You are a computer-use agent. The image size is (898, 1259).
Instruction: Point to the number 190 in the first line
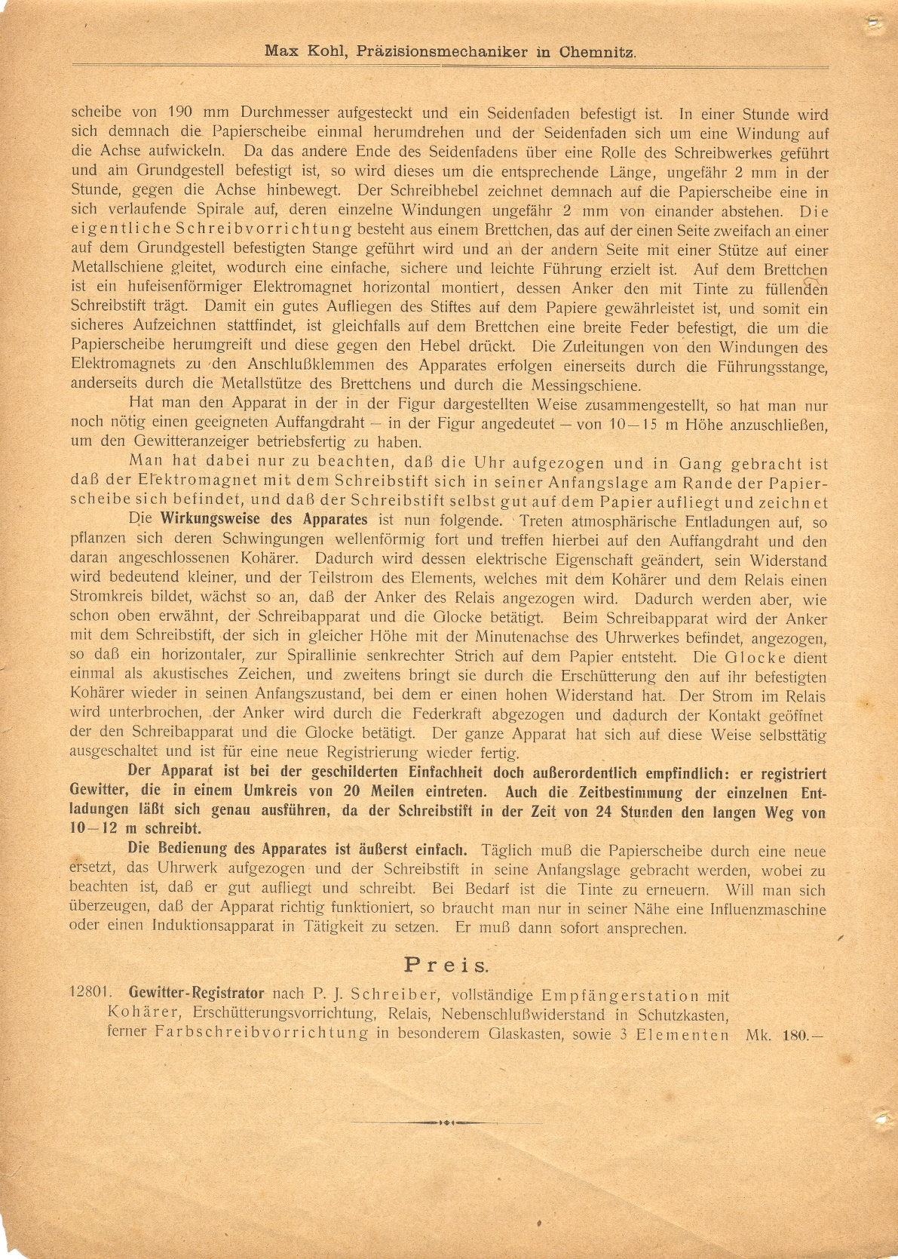(x=181, y=114)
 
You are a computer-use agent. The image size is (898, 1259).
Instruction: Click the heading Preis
(x=447, y=964)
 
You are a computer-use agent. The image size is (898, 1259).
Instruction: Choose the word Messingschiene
(x=586, y=385)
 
